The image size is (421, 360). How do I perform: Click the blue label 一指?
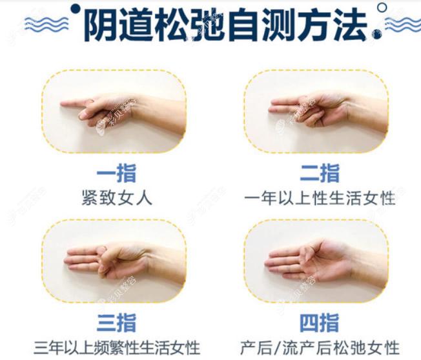[117, 174]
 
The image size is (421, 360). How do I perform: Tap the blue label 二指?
[320, 174]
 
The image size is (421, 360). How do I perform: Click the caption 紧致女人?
[117, 198]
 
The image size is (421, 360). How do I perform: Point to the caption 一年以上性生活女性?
[320, 198]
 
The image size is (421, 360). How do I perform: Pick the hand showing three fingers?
[110, 258]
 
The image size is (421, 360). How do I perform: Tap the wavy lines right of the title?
[402, 25]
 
